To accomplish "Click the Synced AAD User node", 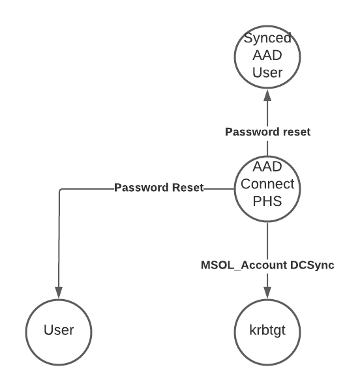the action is coord(267,57).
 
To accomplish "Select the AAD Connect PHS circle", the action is coord(267,189).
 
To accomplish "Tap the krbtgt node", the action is coord(267,332).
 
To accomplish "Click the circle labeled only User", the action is coord(59,332).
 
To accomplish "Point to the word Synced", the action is coord(267,38).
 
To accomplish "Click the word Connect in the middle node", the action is coord(267,184).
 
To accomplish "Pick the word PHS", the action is coord(267,201).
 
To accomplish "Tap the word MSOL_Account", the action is coord(244,265).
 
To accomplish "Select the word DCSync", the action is coord(312,265).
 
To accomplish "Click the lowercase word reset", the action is coord(295,132).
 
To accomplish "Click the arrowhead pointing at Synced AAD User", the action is coord(267,95).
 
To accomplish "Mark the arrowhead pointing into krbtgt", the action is coord(267,292).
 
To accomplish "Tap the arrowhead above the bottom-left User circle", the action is coord(59,292).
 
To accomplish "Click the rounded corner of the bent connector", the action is coord(61,190).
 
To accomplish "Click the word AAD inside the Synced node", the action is coord(267,55).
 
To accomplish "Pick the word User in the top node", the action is coord(267,72).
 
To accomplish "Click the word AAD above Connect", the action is coord(267,167).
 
